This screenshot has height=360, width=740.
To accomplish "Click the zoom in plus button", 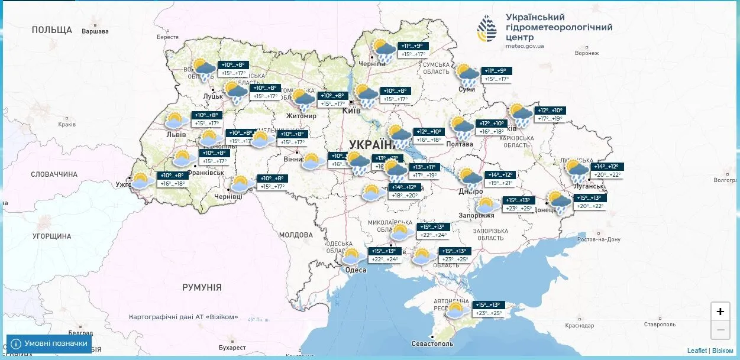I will [720, 312].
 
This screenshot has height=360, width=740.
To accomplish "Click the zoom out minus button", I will [720, 329].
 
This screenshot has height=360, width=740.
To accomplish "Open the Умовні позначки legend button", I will [49, 343].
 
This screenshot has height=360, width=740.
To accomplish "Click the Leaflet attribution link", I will [697, 351].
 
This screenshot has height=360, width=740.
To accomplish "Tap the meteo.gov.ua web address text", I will [525, 46].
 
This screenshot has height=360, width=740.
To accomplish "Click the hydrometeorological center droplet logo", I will [488, 28].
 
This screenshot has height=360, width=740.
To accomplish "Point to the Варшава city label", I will [95, 31].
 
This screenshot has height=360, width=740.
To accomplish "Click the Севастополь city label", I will [433, 343].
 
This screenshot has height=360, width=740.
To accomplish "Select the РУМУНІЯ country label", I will [202, 287].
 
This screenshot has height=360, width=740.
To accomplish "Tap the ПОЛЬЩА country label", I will [52, 30].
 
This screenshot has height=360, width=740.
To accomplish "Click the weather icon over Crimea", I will [457, 311].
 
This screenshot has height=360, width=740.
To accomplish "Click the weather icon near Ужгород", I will [142, 180].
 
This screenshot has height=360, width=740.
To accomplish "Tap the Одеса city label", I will [356, 270].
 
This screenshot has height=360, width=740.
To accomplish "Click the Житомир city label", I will [301, 116].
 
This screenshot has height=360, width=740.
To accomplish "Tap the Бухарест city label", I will [231, 348].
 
